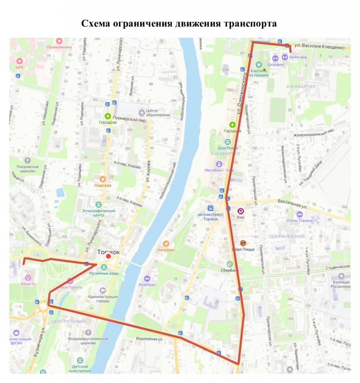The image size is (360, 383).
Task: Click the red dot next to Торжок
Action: [x=109, y=257]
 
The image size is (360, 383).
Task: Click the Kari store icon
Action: [x=241, y=211]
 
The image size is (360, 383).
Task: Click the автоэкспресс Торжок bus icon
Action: [x=211, y=208]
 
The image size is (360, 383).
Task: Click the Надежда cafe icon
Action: [x=103, y=179]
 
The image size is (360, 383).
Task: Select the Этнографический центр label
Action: [x=99, y=213]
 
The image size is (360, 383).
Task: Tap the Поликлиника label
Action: [x=59, y=47]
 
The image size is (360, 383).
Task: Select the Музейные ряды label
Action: [x=104, y=273]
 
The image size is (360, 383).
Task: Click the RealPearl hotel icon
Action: [x=147, y=278]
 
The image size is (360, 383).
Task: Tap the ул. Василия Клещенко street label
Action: [x=319, y=46]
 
